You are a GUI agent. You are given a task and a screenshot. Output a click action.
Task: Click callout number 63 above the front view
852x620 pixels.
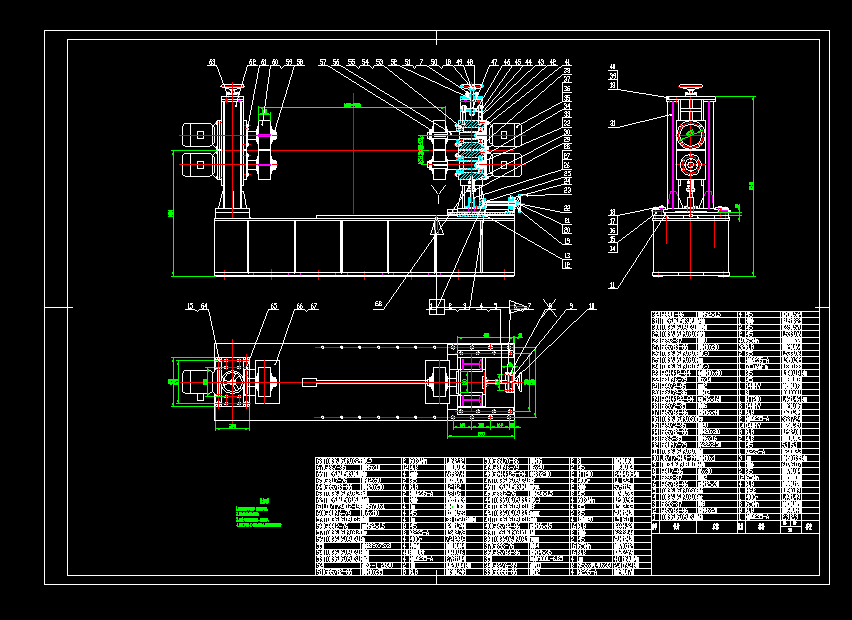(212, 62)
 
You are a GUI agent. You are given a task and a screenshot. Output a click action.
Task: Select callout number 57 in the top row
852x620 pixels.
(323, 62)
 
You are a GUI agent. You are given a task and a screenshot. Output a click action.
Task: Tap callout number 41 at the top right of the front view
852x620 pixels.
(567, 62)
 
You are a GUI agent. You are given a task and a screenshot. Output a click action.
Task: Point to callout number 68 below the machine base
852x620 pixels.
(378, 303)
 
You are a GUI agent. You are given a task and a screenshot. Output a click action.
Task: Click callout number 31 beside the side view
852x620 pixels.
(613, 124)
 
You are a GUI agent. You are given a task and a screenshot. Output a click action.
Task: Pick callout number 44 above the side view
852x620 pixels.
(613, 67)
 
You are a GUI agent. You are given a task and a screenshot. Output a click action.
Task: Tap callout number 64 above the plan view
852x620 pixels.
(204, 306)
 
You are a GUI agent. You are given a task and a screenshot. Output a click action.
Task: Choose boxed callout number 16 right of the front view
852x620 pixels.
(567, 265)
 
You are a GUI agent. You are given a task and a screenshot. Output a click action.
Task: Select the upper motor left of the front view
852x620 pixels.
(201, 132)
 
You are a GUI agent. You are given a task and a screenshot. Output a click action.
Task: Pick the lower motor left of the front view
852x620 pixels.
(201, 165)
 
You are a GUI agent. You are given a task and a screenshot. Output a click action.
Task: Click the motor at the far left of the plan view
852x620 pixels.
(190, 381)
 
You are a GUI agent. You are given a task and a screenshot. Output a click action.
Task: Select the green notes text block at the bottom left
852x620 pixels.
(258, 513)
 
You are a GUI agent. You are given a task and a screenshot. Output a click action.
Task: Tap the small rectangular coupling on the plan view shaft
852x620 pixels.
(309, 381)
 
